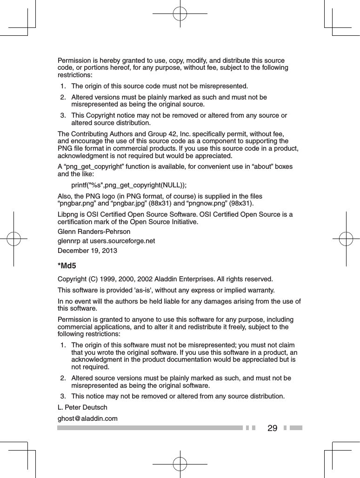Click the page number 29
point(273,428)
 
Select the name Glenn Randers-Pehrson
point(93,231)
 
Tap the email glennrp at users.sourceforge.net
point(106,241)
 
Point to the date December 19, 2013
point(87,251)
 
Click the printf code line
point(129,185)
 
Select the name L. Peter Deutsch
point(82,407)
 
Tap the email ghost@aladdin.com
point(87,418)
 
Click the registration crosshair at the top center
point(180,13)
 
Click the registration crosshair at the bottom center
point(180,464)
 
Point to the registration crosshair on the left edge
point(14,239)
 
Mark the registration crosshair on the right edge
point(346,239)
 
